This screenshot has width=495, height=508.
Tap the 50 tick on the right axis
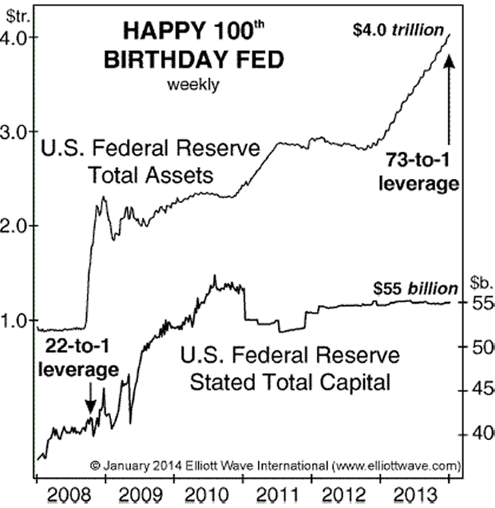pos(482,347)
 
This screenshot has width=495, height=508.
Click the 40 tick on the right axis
pos(482,435)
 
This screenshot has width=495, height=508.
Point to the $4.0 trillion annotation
pos(398,31)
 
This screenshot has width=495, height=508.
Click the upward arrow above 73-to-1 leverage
pos(449,96)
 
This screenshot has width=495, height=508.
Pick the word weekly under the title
pos(192,84)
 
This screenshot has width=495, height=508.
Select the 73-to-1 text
pos(421,161)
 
